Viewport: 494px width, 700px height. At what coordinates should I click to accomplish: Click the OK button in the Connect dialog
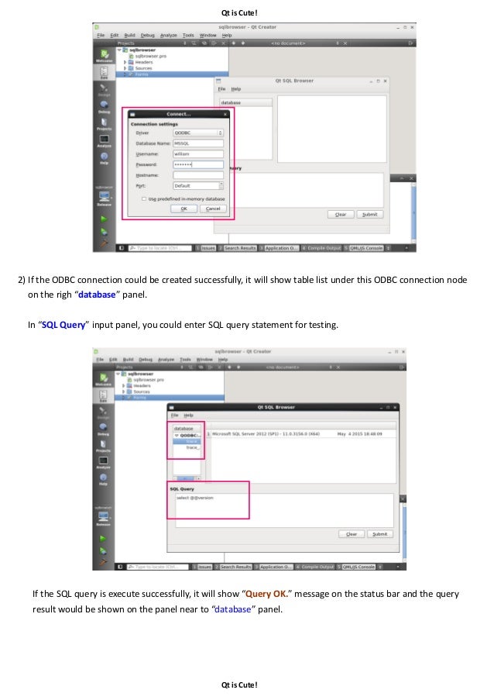pos(183,209)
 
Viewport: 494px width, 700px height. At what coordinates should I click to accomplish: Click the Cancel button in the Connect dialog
pos(213,209)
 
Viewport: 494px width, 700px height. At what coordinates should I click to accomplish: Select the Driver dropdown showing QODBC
pos(198,133)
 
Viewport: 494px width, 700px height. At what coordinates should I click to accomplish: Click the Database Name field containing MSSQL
pos(198,143)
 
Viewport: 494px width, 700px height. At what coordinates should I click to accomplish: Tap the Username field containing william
pos(198,153)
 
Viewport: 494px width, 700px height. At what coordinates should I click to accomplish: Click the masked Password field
pos(198,164)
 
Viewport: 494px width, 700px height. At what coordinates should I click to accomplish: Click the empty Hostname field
pos(198,175)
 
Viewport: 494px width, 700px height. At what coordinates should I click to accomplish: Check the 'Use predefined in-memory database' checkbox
pos(144,198)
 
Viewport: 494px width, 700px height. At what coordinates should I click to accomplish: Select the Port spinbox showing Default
pos(198,186)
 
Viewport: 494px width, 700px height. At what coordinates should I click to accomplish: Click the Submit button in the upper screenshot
pos(369,214)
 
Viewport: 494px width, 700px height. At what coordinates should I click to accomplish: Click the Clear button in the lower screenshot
pos(351,534)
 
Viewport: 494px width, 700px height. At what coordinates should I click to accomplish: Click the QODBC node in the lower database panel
pos(190,436)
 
